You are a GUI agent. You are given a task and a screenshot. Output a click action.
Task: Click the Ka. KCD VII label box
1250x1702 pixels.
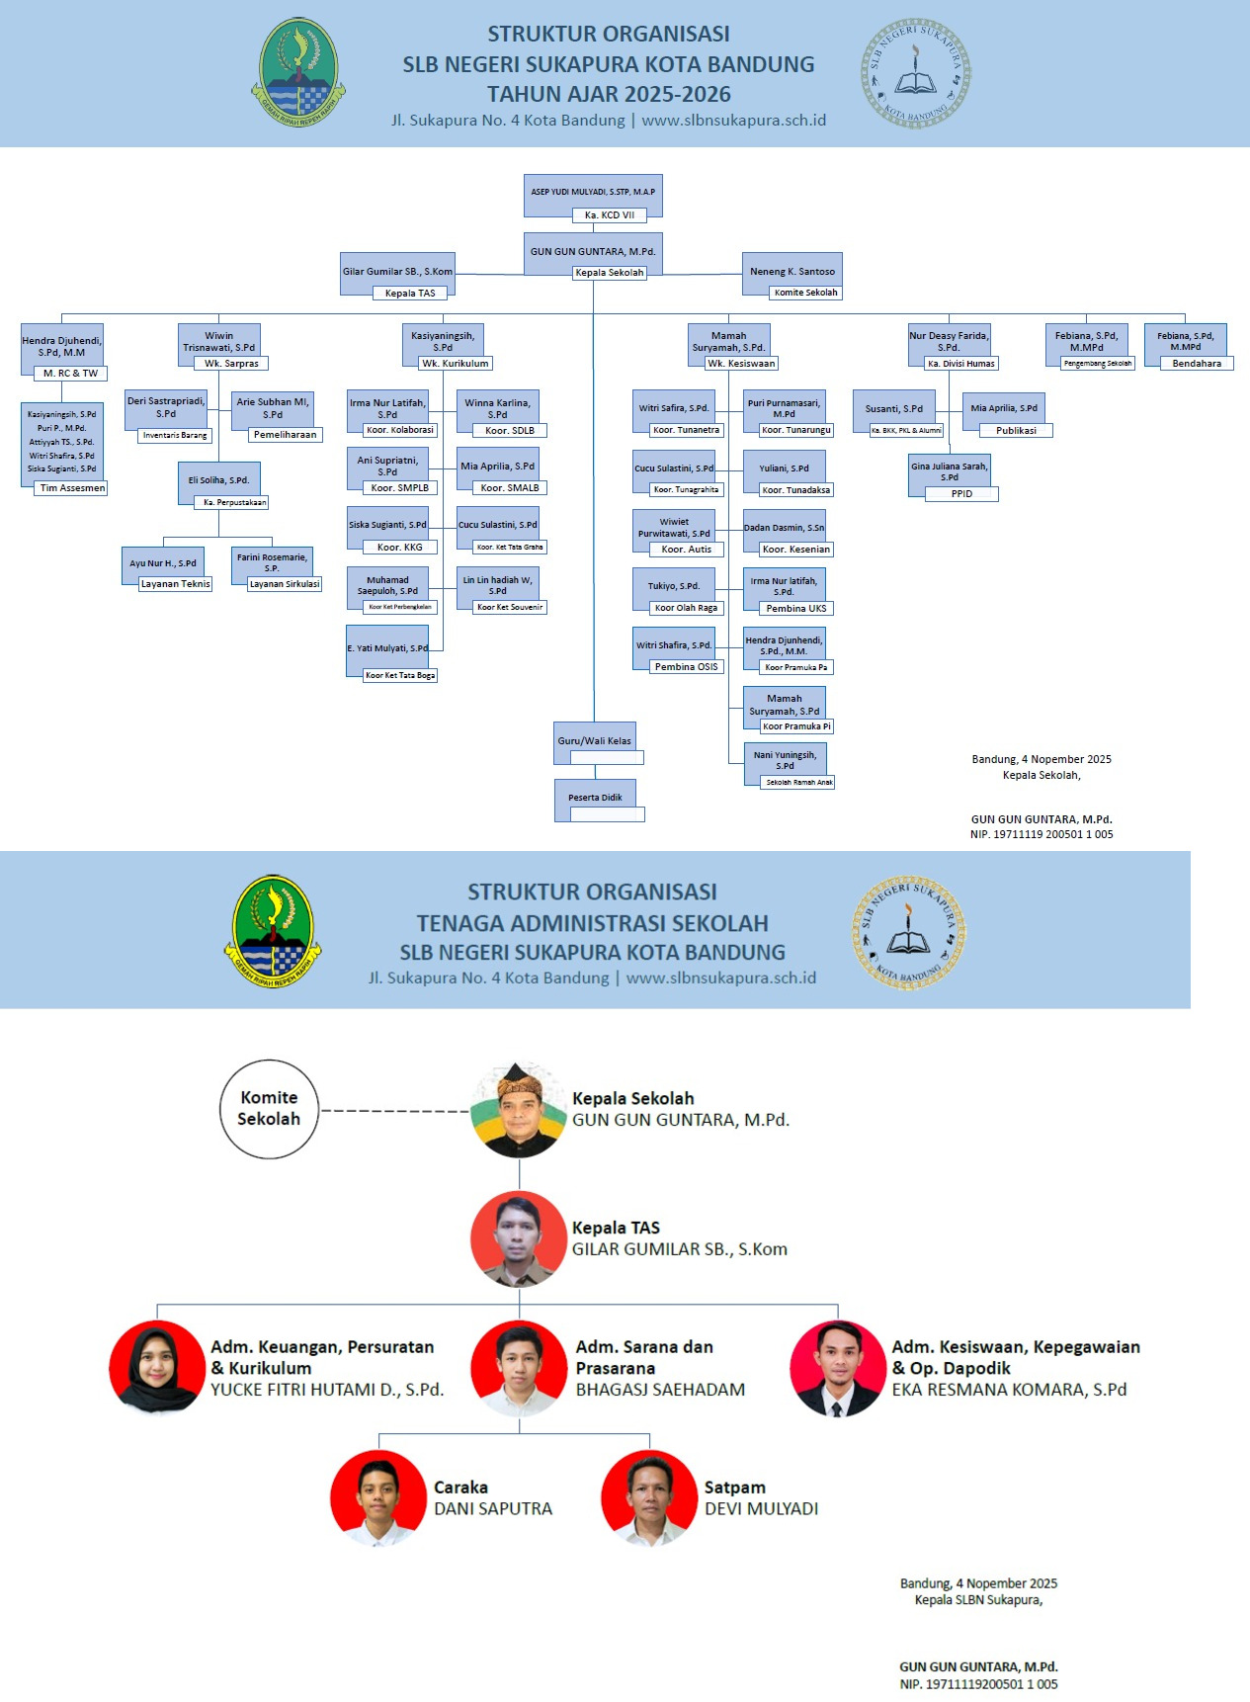609,214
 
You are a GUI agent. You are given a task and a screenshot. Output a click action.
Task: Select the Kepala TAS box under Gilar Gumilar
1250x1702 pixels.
410,293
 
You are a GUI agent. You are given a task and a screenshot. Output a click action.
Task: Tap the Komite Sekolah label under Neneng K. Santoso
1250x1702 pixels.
805,293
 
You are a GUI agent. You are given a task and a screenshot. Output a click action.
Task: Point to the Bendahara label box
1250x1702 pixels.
1197,364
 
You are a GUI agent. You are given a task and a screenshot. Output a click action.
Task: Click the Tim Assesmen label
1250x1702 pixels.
72,488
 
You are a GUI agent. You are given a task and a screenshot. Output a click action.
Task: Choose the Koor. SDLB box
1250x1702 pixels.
510,431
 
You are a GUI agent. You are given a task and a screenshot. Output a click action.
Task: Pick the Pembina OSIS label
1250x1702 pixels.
687,667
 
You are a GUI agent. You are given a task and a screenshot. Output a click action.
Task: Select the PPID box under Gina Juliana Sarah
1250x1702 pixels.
961,493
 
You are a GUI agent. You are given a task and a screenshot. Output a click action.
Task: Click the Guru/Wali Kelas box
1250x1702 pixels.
594,740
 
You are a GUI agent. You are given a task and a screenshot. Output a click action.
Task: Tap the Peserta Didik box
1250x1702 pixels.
595,798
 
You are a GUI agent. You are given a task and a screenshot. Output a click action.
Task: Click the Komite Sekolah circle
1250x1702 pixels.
269,1109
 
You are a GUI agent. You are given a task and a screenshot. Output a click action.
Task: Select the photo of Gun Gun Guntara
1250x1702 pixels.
519,1109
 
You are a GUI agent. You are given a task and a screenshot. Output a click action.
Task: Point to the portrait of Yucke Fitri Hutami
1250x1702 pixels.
156,1368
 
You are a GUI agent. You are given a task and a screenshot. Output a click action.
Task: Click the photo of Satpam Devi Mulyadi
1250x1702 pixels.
648,1498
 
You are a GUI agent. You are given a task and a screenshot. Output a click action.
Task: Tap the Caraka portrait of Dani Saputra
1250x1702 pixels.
378,1498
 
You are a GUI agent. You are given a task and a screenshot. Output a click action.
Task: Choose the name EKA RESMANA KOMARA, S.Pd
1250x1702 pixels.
1009,1390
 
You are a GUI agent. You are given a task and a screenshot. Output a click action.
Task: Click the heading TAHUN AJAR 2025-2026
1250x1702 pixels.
609,95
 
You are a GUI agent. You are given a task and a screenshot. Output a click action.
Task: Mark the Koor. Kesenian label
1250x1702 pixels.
796,550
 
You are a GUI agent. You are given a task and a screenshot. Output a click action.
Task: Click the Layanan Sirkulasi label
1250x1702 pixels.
285,584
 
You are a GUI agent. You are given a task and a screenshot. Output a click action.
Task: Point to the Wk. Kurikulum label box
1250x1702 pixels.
456,364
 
